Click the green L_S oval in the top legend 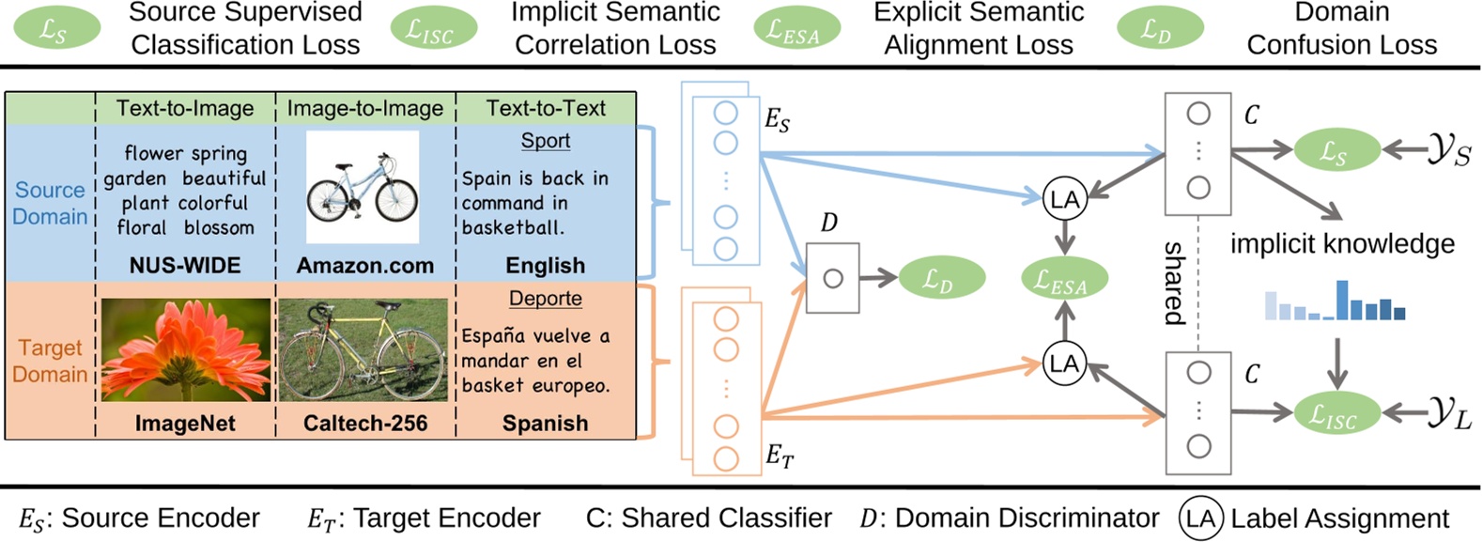point(56,28)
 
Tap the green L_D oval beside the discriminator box point(941,277)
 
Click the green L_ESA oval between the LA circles point(1064,279)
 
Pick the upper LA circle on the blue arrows point(1064,198)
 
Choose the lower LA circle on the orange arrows point(1064,364)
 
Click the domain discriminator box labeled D point(832,278)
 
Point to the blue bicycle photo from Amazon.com point(363,189)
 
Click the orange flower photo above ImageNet point(185,350)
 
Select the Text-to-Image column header point(185,108)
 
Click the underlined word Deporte point(545,299)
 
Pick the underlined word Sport point(545,141)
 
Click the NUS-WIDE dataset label point(185,266)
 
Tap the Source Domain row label point(50,203)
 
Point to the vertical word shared point(1174,283)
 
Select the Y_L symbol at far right point(1449,413)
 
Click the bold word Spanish point(545,424)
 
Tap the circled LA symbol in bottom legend point(1200,519)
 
